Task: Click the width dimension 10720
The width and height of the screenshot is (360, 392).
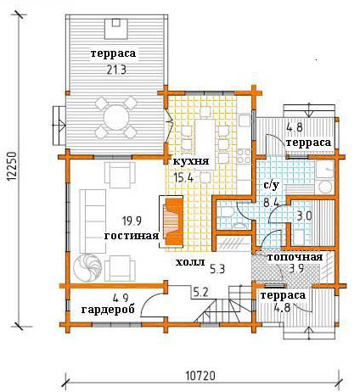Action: coord(200,376)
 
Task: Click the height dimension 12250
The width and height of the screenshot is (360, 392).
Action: coord(12,166)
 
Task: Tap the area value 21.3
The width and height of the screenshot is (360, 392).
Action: coord(116,70)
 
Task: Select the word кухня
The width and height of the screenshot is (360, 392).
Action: coord(191,161)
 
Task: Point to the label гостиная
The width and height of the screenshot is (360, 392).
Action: coord(132,235)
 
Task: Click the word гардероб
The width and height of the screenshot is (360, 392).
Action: coord(108,310)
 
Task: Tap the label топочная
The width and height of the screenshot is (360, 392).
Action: coord(295,257)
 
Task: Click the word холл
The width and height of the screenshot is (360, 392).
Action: coord(190,262)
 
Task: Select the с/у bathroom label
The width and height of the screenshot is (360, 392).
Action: coord(272,185)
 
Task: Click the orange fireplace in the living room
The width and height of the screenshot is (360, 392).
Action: coord(173,221)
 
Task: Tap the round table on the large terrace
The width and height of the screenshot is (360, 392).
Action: coord(116,118)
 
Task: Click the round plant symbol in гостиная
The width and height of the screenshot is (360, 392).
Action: coord(87,268)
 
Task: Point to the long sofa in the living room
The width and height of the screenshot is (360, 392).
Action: coord(93,221)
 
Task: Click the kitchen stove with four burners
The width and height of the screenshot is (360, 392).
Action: coord(244,156)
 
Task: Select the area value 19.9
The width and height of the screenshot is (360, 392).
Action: coord(132,221)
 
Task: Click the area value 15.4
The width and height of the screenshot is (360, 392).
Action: coord(183,178)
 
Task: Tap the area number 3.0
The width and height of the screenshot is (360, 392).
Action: coord(304,216)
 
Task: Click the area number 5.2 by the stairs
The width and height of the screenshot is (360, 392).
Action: coord(201,292)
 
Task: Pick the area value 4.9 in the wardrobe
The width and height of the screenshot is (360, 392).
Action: coord(121,298)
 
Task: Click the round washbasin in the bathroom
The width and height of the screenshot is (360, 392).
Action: coord(325,187)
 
